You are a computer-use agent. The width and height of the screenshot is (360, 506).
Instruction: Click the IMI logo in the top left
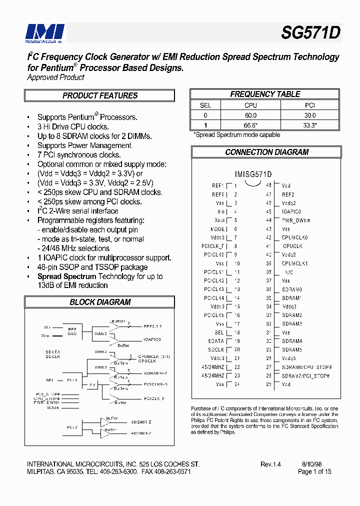pos(45,32)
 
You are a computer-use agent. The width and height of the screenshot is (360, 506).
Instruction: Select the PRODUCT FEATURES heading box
pos(100,95)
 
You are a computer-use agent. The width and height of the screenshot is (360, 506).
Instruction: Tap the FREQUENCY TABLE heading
pos(265,94)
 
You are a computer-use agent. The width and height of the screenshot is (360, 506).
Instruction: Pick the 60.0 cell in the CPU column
pos(250,115)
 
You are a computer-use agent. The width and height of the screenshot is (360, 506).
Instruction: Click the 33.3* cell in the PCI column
pos(310,125)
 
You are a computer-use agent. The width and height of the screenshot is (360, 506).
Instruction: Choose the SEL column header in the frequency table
pos(205,105)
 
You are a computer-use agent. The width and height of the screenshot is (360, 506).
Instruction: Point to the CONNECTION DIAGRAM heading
pos(266,152)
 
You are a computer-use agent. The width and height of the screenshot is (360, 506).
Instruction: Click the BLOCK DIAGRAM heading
pos(100,302)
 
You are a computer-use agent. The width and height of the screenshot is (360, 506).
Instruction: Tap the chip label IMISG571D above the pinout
pos(253,174)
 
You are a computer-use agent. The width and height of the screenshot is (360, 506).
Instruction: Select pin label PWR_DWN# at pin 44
pos(296,220)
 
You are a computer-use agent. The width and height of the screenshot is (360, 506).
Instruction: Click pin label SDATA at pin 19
pos(216,341)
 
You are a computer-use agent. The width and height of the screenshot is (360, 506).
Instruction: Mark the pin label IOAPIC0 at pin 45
pos(291,211)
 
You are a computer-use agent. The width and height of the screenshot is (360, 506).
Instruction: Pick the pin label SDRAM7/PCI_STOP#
pos(305,375)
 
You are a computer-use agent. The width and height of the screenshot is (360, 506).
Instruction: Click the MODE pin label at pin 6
pos(217,228)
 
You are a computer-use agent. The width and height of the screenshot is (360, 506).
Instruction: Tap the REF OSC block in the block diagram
pos(72,331)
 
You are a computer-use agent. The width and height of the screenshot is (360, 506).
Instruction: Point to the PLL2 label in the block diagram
pos(72,426)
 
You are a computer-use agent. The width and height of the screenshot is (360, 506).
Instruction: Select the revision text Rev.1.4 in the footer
pos(270,464)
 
